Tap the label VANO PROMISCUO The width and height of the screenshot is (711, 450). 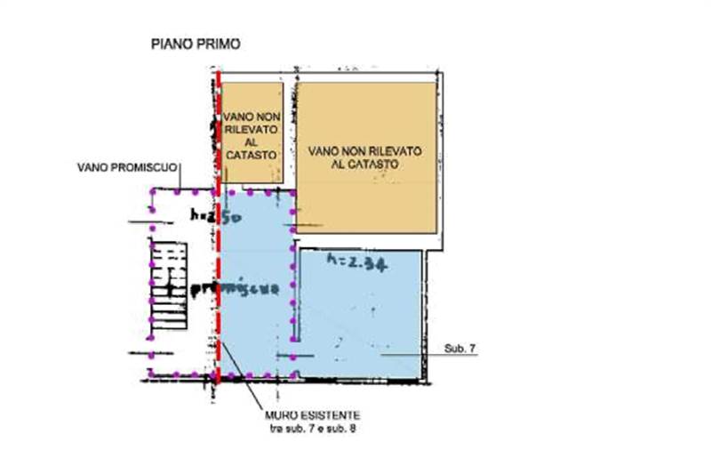[128, 166]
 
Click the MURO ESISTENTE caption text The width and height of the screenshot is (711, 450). [312, 415]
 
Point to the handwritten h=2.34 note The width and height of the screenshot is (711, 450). [355, 261]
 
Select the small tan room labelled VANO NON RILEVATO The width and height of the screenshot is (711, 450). [252, 133]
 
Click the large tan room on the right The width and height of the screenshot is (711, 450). [367, 157]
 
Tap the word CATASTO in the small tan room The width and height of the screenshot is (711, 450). [252, 155]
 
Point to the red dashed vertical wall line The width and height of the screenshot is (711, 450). [217, 231]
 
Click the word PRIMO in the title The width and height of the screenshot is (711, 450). [217, 43]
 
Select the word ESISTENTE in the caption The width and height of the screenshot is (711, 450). [333, 415]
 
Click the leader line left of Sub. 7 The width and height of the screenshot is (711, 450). [413, 355]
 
